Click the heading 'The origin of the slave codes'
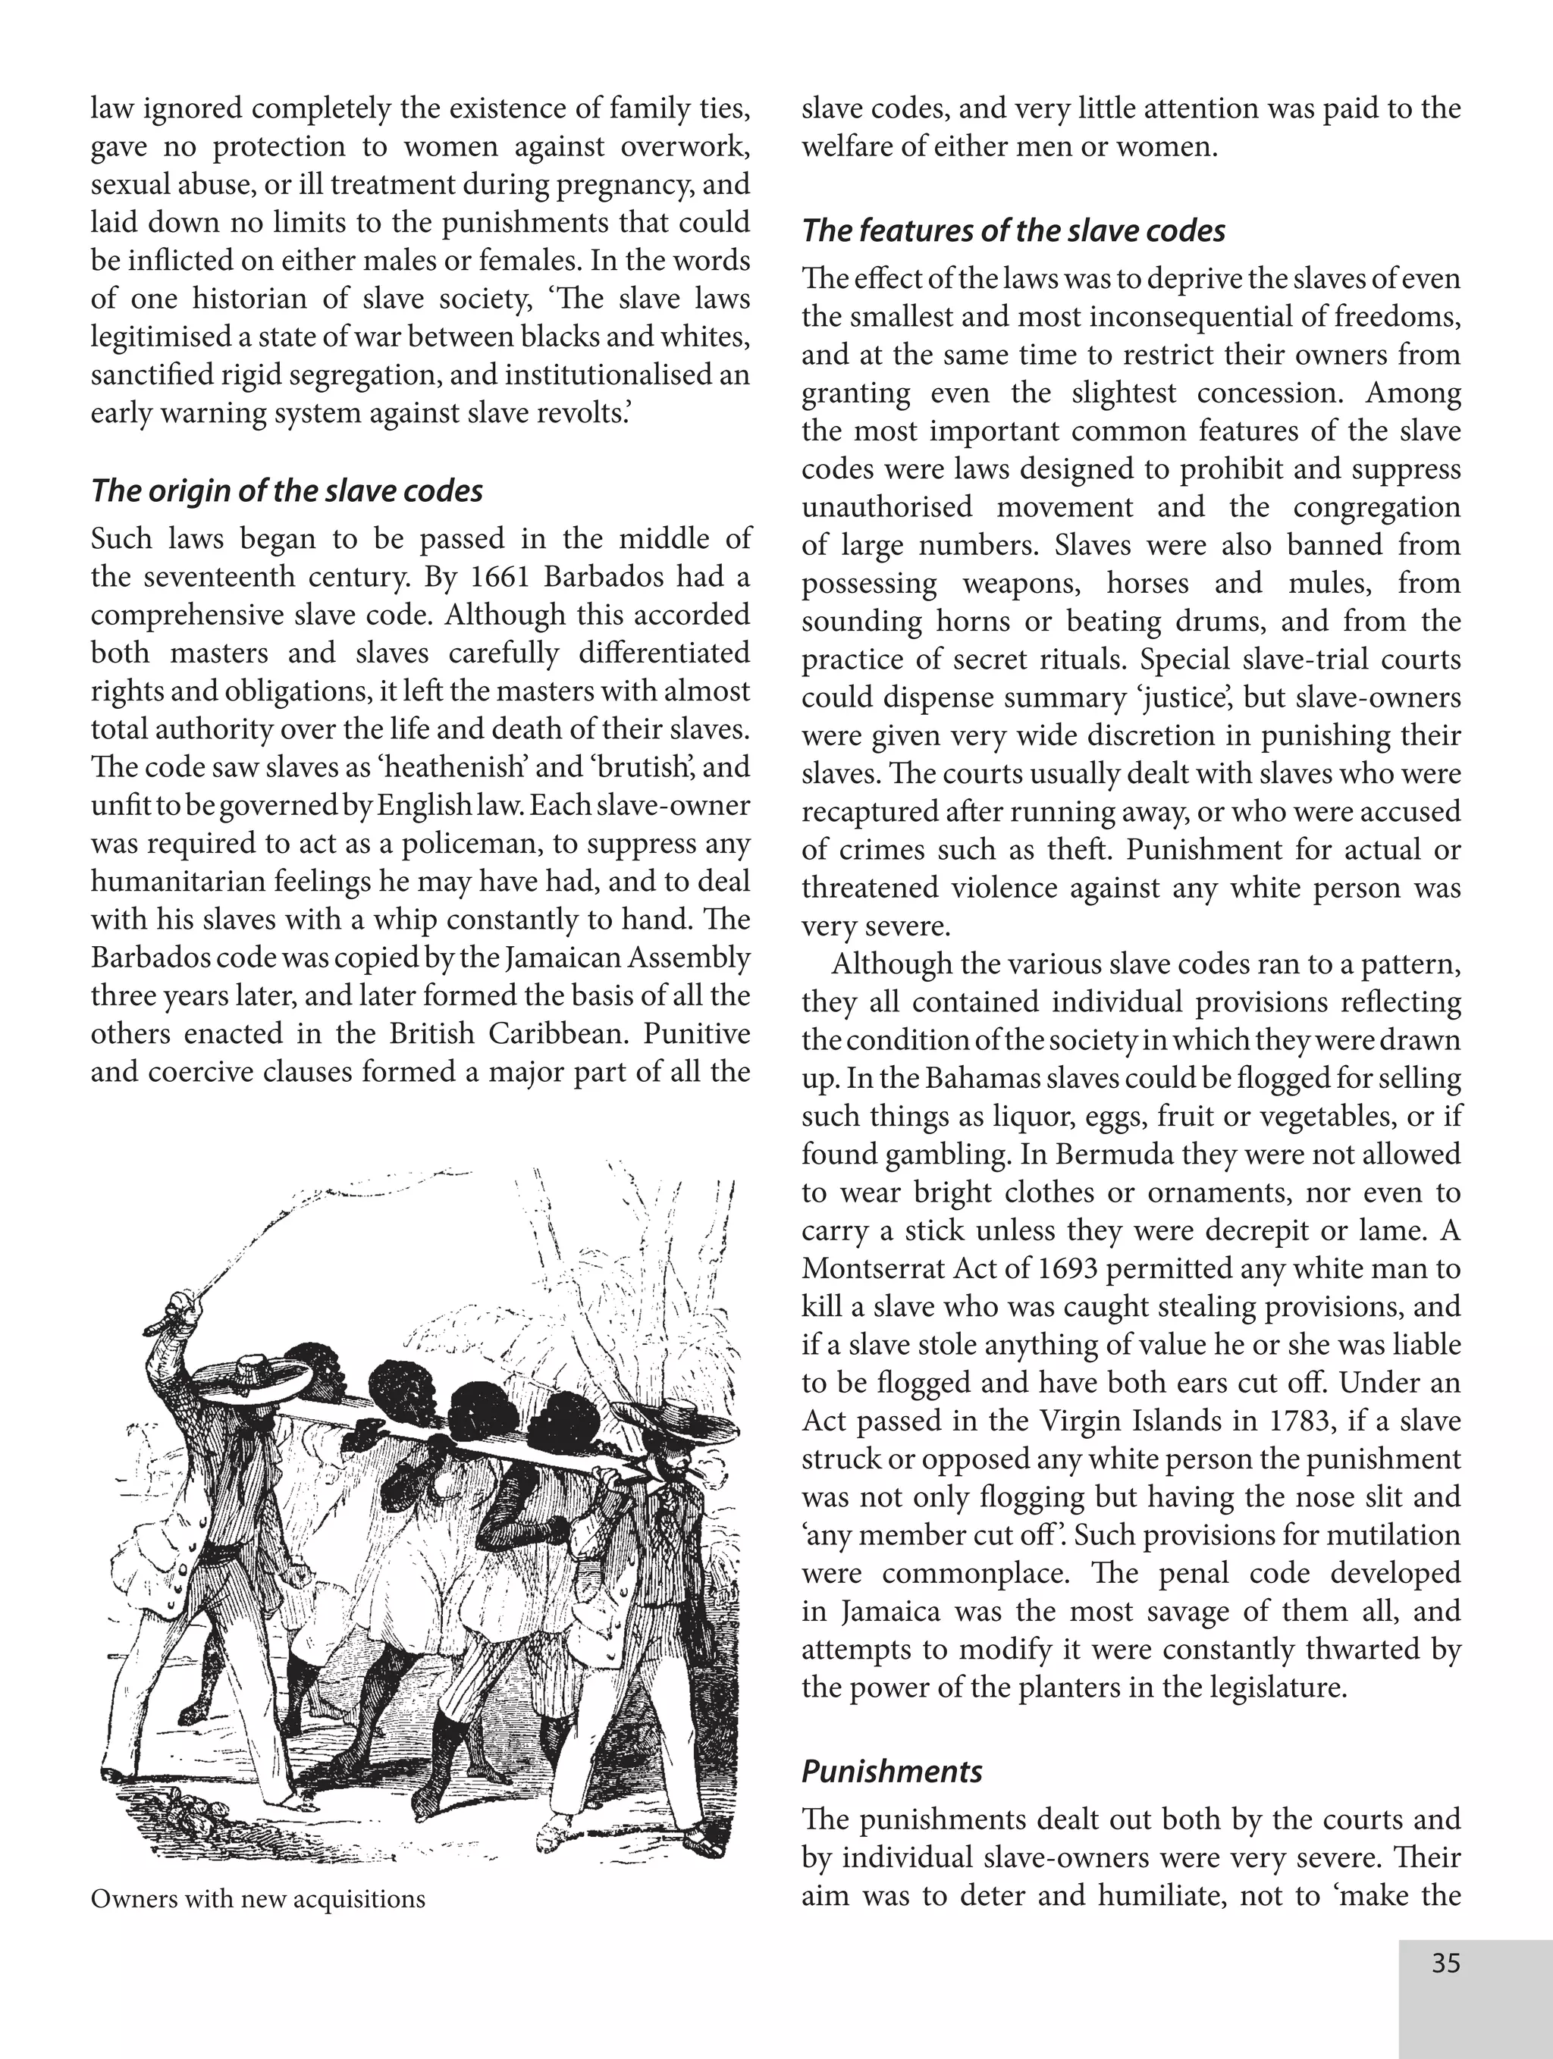(287, 490)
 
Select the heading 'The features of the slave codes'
(1013, 231)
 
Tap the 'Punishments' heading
(891, 1772)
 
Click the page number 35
(1445, 1963)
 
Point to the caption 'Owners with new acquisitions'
(258, 1899)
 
